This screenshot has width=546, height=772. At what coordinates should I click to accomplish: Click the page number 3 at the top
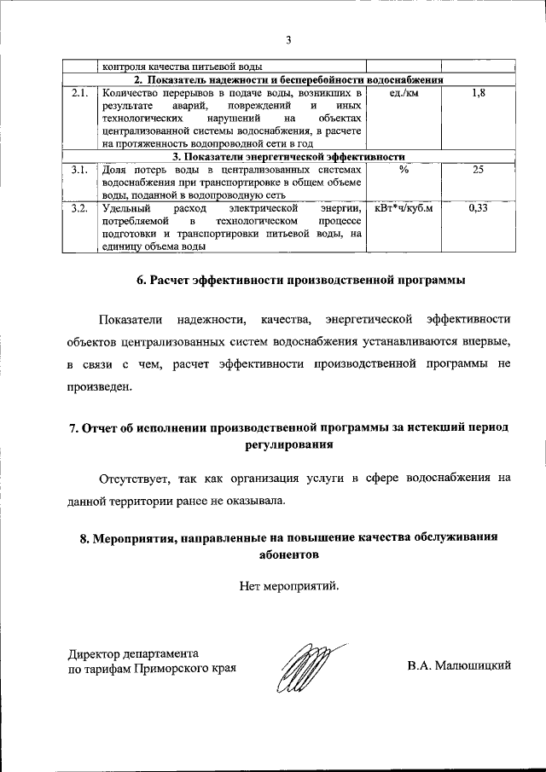[x=288, y=39]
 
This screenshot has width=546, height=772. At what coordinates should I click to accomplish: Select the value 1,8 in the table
[x=478, y=92]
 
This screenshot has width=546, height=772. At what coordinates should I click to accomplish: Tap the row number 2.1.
[x=81, y=92]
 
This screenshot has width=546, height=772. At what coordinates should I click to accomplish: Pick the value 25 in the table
[x=478, y=171]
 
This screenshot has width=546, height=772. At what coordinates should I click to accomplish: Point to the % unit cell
[x=403, y=171]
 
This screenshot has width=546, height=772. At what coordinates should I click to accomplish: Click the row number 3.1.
[x=81, y=171]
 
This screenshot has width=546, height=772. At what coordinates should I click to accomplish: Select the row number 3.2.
[x=81, y=208]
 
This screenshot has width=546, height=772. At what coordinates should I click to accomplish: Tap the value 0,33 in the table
[x=478, y=208]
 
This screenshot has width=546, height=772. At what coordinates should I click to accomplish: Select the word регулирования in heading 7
[x=289, y=444]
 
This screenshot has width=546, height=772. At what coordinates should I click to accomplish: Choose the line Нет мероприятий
[x=289, y=586]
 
